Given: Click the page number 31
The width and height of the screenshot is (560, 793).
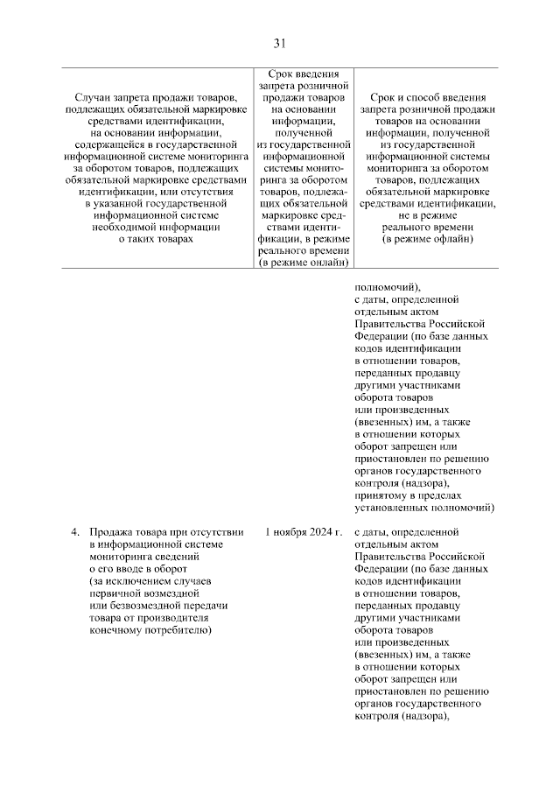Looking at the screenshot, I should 279,43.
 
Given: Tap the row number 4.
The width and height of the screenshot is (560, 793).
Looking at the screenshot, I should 75,531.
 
